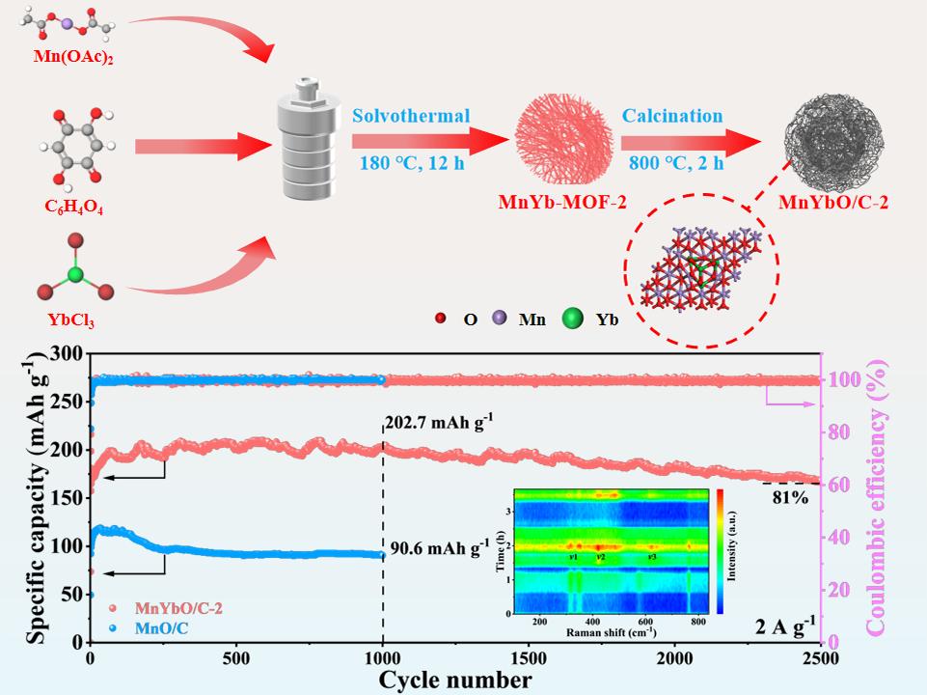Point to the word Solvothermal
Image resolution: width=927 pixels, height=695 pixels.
[411, 116]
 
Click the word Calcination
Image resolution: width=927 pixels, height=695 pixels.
[671, 116]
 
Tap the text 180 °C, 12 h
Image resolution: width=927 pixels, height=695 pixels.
[412, 161]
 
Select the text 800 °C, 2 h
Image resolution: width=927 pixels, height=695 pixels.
[671, 161]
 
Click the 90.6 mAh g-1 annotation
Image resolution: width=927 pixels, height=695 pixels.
[439, 550]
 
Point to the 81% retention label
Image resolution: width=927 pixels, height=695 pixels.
[790, 498]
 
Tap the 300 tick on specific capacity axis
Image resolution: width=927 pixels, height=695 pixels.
[66, 355]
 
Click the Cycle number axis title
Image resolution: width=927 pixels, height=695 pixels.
[454, 680]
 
